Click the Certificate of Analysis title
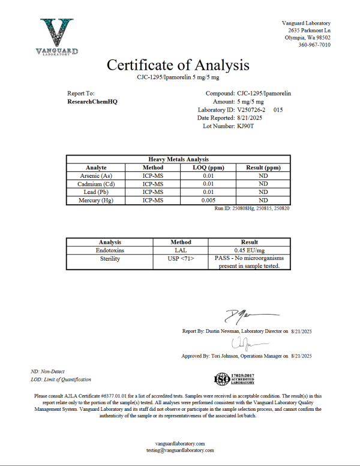click(178, 64)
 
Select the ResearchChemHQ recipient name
click(92, 102)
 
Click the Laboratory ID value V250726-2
click(253, 110)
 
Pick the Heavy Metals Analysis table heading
click(178, 159)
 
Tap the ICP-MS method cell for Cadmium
click(153, 184)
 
